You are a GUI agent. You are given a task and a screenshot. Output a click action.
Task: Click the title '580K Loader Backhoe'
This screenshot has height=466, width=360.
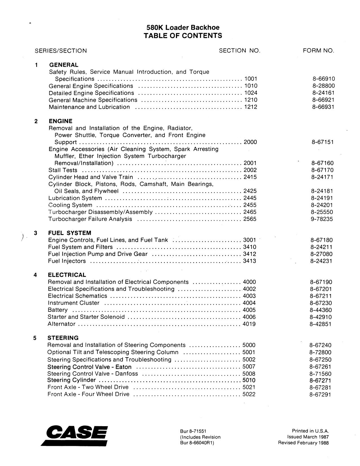click(x=183, y=27)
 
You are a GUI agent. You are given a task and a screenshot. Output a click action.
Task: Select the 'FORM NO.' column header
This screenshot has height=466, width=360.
click(x=318, y=51)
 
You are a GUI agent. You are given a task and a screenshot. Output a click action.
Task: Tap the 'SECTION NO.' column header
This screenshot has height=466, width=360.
click(x=239, y=51)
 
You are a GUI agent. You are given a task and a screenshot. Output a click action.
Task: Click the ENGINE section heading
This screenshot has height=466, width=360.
click(x=60, y=121)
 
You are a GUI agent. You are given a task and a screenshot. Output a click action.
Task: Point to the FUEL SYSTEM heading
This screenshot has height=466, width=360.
click(x=69, y=233)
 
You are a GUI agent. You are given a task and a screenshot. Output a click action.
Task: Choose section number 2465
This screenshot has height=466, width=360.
click(x=250, y=212)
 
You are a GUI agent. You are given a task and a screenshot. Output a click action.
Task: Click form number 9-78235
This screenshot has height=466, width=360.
click(x=322, y=219)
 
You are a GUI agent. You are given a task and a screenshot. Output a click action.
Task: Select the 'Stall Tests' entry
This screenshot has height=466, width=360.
click(x=63, y=170)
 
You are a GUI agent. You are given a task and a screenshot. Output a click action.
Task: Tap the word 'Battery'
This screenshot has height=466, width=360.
click(x=58, y=310)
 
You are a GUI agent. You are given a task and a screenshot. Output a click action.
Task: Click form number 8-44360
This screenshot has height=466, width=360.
click(x=321, y=310)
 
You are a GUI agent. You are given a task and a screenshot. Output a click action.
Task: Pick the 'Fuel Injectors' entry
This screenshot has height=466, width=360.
click(x=67, y=261)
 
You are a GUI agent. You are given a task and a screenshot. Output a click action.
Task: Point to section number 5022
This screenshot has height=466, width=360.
click(x=249, y=394)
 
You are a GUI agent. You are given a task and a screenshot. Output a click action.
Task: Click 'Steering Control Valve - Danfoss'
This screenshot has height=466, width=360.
click(x=93, y=374)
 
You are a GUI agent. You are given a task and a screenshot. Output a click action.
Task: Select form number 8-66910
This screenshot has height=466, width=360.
click(x=323, y=79)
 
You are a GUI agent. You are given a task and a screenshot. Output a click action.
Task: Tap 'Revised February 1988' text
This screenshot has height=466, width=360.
click(x=303, y=443)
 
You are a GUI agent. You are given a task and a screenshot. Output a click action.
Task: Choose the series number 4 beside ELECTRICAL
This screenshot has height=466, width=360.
click(x=35, y=275)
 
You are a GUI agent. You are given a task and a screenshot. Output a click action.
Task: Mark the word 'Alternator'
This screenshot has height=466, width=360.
click(x=62, y=324)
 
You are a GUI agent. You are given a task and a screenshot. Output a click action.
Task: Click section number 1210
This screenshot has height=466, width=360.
click(x=251, y=100)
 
